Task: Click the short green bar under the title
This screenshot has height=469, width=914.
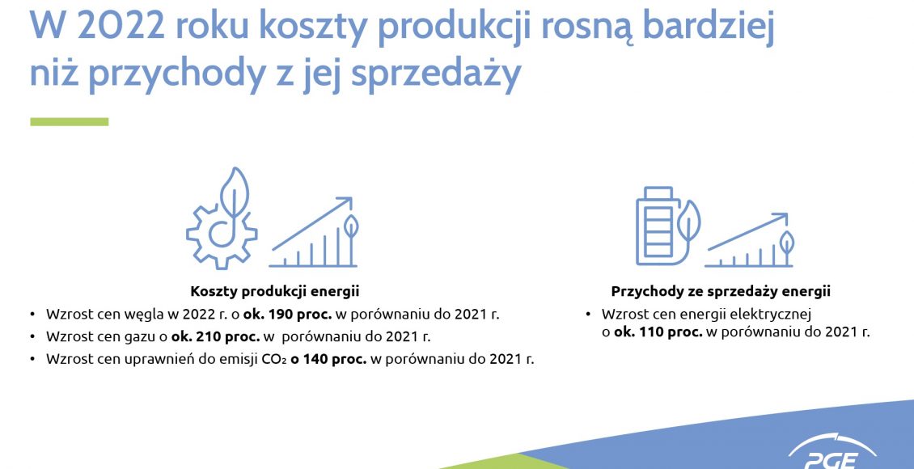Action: [x=70, y=122]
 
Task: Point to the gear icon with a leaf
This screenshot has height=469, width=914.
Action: [x=222, y=218]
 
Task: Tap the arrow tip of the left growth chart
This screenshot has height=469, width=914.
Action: [x=352, y=198]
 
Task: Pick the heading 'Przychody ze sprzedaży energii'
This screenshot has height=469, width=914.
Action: [x=721, y=291]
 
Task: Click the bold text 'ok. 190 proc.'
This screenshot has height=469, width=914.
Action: [x=289, y=314]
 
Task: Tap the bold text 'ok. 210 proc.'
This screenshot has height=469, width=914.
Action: [x=216, y=336]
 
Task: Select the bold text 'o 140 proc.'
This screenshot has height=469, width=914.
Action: [x=328, y=359]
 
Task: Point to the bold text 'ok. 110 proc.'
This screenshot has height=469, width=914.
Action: [x=658, y=332]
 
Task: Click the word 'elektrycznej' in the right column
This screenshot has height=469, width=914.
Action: [x=777, y=315]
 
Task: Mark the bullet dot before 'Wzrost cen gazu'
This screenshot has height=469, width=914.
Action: [x=32, y=337]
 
